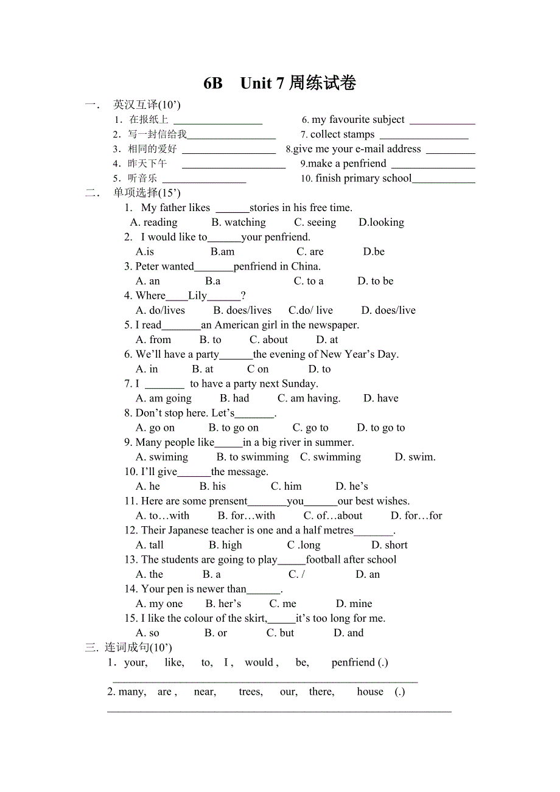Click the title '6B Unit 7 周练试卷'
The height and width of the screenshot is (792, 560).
279,83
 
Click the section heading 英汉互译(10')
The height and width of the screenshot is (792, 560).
147,105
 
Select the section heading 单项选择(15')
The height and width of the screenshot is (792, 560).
147,193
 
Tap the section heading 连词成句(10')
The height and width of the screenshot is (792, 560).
138,648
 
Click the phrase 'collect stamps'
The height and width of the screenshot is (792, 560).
342,134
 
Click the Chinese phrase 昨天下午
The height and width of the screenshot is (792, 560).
147,164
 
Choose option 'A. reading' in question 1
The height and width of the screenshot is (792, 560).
154,223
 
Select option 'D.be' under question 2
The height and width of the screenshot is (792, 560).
374,252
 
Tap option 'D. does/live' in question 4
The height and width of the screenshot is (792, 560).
388,310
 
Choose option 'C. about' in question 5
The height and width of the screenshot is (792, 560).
268,339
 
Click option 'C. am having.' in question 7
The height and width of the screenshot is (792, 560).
309,398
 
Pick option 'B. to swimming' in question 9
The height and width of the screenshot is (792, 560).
253,457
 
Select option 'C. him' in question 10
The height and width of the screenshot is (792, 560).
286,486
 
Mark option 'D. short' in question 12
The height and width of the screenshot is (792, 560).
390,545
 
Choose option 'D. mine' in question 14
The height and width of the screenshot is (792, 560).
354,603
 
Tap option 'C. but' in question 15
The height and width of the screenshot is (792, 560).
280,633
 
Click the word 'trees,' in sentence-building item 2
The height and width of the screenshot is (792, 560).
251,692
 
